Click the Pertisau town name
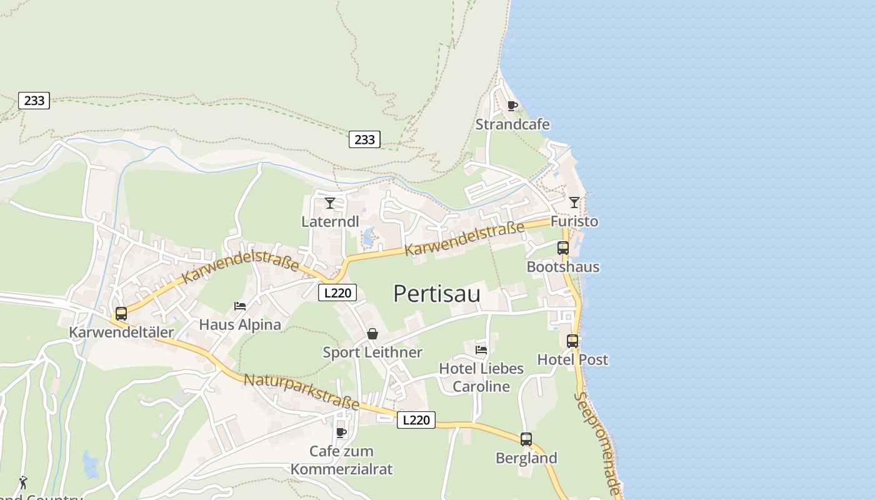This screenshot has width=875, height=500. click(x=437, y=293)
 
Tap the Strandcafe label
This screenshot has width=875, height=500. click(x=512, y=124)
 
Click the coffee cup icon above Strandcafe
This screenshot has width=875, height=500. click(x=512, y=106)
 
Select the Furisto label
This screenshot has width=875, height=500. click(x=574, y=221)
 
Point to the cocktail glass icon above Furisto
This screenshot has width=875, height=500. click(x=574, y=202)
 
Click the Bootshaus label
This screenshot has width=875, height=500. click(x=562, y=267)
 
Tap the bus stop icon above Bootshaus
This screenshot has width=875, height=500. click(x=562, y=247)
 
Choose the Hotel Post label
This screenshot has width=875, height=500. click(x=572, y=359)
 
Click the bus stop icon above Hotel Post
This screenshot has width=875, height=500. click(x=572, y=341)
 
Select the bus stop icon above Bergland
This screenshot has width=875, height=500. click(x=526, y=439)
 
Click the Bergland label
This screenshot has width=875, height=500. click(x=526, y=458)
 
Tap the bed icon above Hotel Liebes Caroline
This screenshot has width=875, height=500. click(x=481, y=349)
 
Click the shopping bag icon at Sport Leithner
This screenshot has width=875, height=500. click(x=372, y=334)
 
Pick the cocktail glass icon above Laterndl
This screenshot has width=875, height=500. click(x=330, y=202)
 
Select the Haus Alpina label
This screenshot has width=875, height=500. click(x=240, y=325)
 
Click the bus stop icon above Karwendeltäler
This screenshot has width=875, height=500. click(x=121, y=314)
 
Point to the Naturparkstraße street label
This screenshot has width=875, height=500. click(x=301, y=392)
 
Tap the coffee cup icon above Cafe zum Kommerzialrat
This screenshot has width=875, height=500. click(x=341, y=432)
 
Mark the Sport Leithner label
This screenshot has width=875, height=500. click(x=372, y=352)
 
